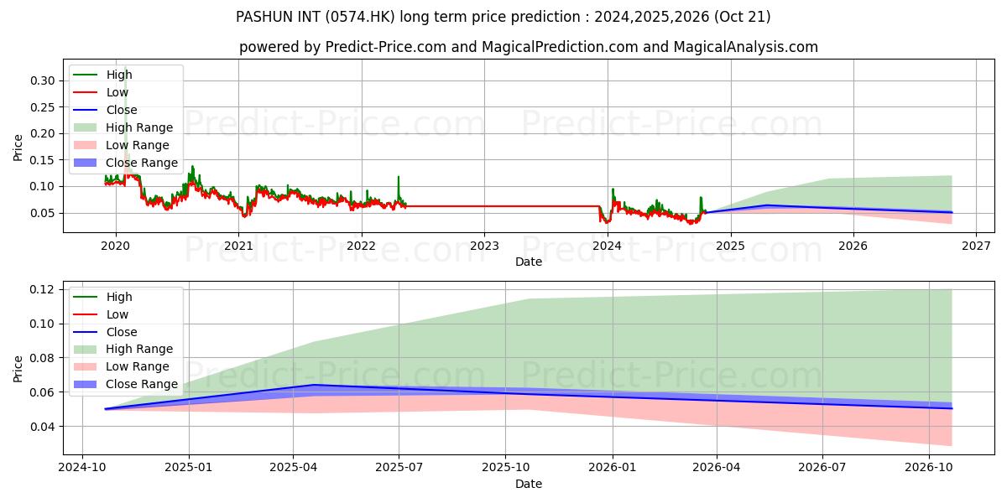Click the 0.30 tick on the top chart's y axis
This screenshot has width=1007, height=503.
point(42,80)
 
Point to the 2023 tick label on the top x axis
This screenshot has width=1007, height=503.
point(484,246)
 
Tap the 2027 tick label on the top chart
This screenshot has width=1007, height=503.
point(976,246)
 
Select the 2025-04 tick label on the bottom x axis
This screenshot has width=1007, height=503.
point(293,468)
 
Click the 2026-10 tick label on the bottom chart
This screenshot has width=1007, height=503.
point(929,468)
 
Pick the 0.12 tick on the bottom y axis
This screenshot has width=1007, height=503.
point(42,290)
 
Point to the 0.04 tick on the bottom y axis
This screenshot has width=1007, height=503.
point(42,427)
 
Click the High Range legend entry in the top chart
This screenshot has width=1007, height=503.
point(123,127)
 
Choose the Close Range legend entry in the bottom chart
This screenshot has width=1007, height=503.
point(125,385)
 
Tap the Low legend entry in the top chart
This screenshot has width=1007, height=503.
point(101,92)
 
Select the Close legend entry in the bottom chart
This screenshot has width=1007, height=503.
point(105,332)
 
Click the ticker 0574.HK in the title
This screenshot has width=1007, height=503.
point(359,17)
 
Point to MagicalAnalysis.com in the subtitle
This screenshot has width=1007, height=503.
point(745,47)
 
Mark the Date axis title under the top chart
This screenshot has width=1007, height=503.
point(529,262)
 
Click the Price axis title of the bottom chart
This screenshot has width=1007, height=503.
point(18,369)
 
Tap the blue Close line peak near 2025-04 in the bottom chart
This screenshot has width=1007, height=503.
point(315,385)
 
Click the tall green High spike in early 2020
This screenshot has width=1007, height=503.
point(125,68)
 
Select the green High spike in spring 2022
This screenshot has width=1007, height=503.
point(399,177)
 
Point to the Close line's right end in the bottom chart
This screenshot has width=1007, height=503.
point(952,408)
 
